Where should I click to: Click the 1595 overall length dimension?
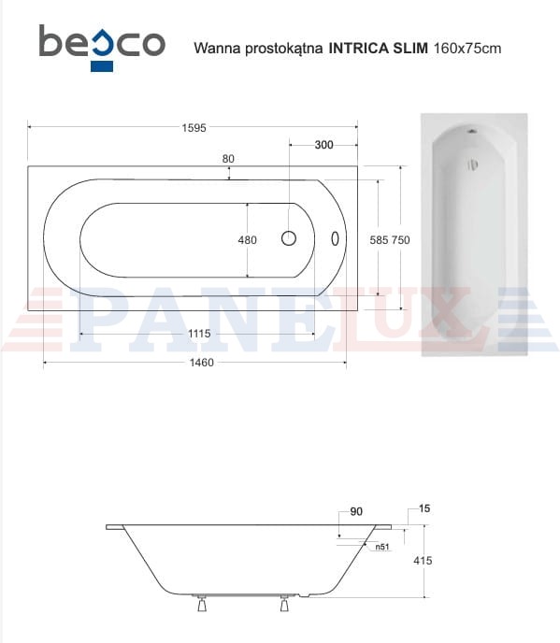point(194,128)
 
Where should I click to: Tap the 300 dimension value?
point(323,145)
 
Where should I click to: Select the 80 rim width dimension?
point(228,159)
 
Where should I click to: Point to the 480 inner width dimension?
point(248,240)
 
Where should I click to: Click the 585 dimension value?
point(379,240)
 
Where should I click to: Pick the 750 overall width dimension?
point(400,240)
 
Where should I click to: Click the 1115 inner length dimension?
point(199,334)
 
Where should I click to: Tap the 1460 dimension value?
point(201,363)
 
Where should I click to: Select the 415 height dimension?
point(423,560)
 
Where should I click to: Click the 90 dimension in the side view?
point(356,511)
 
